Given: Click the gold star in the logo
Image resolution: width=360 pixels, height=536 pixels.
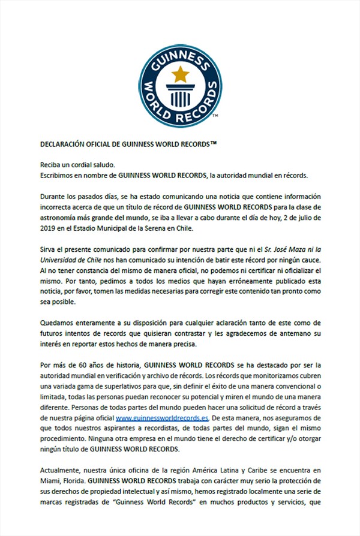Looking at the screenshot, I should coord(178,74).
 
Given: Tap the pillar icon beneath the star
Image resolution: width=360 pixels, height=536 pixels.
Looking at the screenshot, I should coord(179,95).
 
